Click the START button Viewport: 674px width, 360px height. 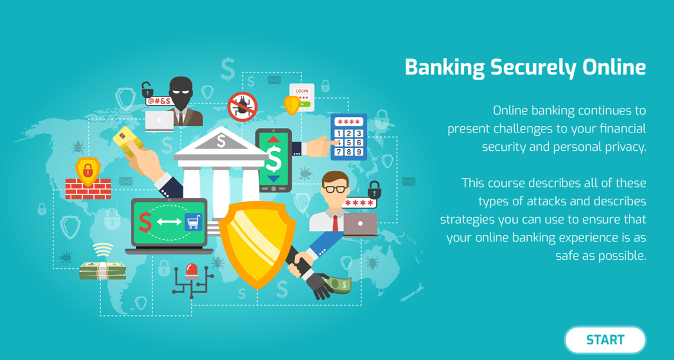(x=605, y=340)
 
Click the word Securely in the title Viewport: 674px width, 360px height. (x=533, y=68)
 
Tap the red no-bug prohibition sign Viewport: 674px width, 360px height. (x=243, y=106)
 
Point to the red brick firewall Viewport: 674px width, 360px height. (x=88, y=189)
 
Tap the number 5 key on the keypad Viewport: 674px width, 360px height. (x=349, y=142)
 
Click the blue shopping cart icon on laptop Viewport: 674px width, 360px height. (x=193, y=222)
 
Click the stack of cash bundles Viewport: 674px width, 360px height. (x=102, y=270)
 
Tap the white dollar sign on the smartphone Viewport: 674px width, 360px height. (x=274, y=159)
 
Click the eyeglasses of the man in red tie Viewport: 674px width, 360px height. (x=335, y=190)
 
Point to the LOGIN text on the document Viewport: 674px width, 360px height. (x=302, y=91)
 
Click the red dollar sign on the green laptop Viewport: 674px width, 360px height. (x=145, y=222)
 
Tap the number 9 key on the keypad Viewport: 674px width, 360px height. (x=358, y=152)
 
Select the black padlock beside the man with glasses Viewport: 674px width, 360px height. (x=375, y=190)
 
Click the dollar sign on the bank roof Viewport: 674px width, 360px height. (x=221, y=141)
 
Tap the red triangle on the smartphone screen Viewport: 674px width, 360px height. (x=273, y=139)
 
